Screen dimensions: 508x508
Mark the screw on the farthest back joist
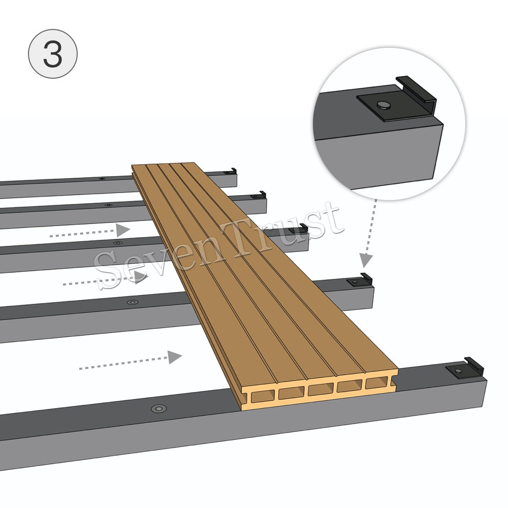click(x=102, y=179)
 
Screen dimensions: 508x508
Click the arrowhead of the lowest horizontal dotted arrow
click(x=175, y=357)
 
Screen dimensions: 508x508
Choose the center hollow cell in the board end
click(x=320, y=389)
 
